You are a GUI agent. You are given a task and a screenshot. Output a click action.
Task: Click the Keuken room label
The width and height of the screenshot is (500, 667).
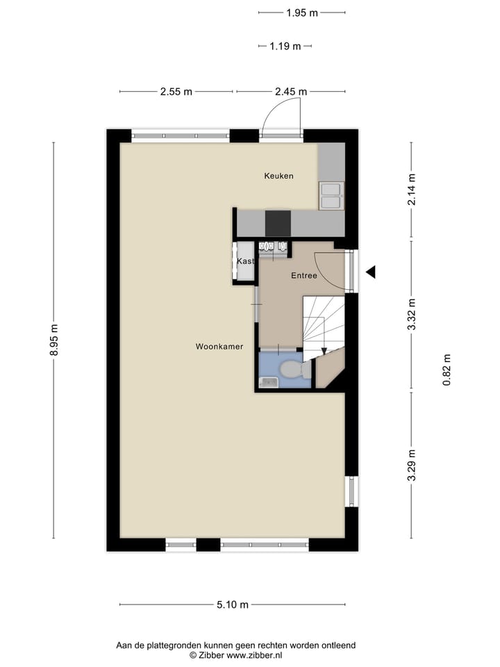[278, 176]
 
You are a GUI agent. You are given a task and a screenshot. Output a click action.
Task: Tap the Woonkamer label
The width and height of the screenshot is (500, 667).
[219, 346]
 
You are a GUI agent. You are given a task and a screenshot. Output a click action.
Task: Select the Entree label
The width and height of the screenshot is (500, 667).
[303, 276]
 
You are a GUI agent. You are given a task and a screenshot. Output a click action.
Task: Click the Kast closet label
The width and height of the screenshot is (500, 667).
[245, 261]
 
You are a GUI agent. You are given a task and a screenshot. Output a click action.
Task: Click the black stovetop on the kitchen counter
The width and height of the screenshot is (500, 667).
[278, 223]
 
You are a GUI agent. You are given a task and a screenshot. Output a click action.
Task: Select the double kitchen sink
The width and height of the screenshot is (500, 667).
[331, 195]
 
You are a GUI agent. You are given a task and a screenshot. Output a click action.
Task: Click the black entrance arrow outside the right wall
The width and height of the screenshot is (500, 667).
[370, 272]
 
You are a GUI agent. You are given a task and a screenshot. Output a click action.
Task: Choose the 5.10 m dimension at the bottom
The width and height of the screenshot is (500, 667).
[233, 604]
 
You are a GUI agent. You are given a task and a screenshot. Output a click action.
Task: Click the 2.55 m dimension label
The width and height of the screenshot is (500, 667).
[176, 92]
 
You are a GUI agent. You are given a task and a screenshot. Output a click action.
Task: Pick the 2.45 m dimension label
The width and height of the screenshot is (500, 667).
[290, 92]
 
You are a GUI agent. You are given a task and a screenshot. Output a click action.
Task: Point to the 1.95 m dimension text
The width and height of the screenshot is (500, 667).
[301, 13]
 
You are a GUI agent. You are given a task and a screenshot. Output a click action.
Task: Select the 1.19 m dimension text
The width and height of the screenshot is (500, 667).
[285, 47]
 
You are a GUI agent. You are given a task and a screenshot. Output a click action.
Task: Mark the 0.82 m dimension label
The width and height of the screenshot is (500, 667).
[447, 370]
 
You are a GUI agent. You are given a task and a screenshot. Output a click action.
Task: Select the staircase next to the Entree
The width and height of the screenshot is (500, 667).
[324, 321]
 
